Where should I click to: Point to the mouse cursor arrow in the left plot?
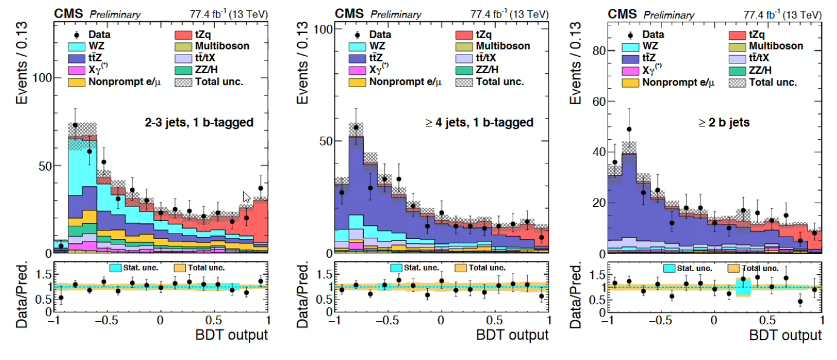246,197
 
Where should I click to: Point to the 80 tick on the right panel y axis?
599,51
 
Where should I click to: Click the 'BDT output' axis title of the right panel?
786,335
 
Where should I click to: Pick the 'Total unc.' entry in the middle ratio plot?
488,267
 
